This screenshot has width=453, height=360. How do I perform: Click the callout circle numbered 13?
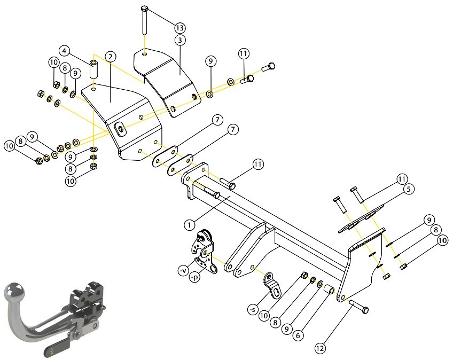point(179,28)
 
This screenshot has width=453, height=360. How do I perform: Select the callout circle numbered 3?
point(180,40)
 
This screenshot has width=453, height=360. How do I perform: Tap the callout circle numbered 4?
point(64,51)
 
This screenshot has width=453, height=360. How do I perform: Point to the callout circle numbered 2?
point(111,57)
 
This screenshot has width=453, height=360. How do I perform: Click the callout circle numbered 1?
point(189,225)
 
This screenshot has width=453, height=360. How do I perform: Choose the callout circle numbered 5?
point(409,189)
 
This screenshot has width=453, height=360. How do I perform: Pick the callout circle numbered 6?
point(298,335)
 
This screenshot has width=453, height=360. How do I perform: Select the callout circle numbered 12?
point(320,348)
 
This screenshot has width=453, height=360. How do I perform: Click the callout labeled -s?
point(252,310)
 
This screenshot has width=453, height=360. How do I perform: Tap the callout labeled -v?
point(183,271)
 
